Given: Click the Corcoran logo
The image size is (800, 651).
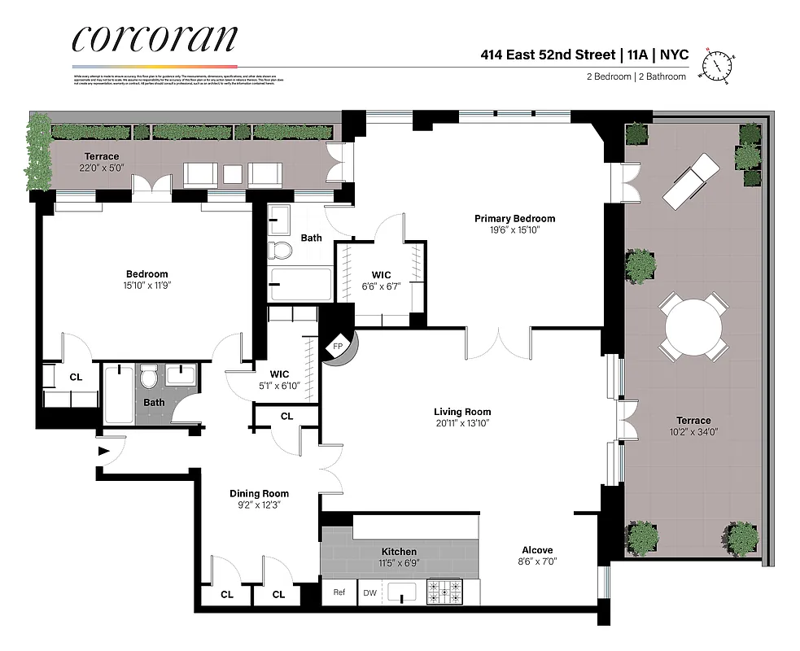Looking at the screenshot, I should [x=155, y=38].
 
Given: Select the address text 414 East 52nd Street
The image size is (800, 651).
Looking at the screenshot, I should [x=546, y=55].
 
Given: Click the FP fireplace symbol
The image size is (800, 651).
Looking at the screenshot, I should [x=338, y=347].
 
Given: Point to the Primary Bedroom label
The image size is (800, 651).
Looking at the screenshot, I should [x=514, y=218].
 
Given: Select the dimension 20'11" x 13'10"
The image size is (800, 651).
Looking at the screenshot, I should [x=462, y=423].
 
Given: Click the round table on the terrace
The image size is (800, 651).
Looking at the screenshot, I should [x=693, y=327].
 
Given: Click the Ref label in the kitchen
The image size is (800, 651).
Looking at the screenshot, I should [x=339, y=592].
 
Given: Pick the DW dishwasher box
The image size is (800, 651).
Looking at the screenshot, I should [x=369, y=592].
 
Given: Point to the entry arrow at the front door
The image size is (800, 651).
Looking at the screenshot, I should [x=103, y=450].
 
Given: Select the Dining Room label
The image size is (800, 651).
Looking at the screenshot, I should [x=259, y=493].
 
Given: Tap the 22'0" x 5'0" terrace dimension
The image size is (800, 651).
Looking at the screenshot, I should [x=102, y=168].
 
